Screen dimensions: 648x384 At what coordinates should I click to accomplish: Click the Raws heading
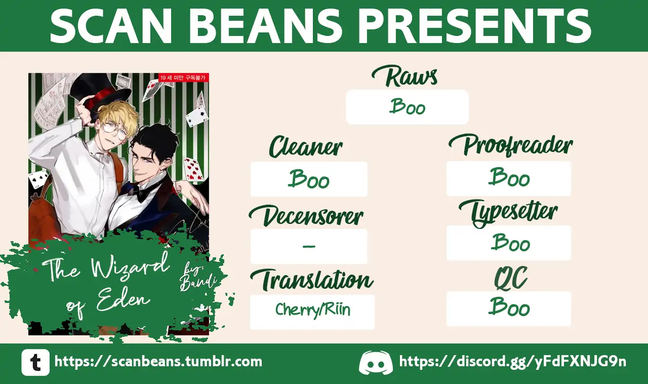[x=404, y=76]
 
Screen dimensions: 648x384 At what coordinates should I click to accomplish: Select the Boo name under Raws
[x=408, y=107]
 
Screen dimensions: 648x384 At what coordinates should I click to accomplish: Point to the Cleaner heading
[x=306, y=146]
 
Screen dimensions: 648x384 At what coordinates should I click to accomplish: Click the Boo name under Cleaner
[x=309, y=179]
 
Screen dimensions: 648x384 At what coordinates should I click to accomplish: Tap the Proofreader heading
[x=511, y=145]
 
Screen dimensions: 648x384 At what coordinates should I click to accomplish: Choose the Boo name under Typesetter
[x=510, y=242]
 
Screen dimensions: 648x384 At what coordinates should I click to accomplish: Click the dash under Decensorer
[x=309, y=247]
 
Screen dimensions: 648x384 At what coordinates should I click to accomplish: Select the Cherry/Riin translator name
[x=313, y=310]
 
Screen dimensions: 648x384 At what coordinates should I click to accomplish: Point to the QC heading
[x=511, y=278]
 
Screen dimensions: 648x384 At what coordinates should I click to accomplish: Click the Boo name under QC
[x=509, y=307]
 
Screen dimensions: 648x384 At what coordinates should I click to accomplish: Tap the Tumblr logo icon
[x=35, y=362]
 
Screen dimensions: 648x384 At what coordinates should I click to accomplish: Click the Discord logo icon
[x=376, y=362]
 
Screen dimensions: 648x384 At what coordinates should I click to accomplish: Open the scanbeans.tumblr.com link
[x=158, y=362]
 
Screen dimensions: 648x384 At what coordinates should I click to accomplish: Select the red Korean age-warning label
[x=183, y=78]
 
